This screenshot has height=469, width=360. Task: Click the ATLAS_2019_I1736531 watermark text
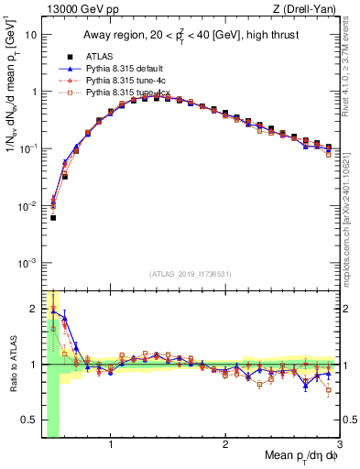point(191,274)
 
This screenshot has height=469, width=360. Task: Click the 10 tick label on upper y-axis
point(29,35)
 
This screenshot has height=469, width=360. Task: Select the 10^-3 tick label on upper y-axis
point(27,263)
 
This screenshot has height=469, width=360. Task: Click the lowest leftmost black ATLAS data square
point(53,218)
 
